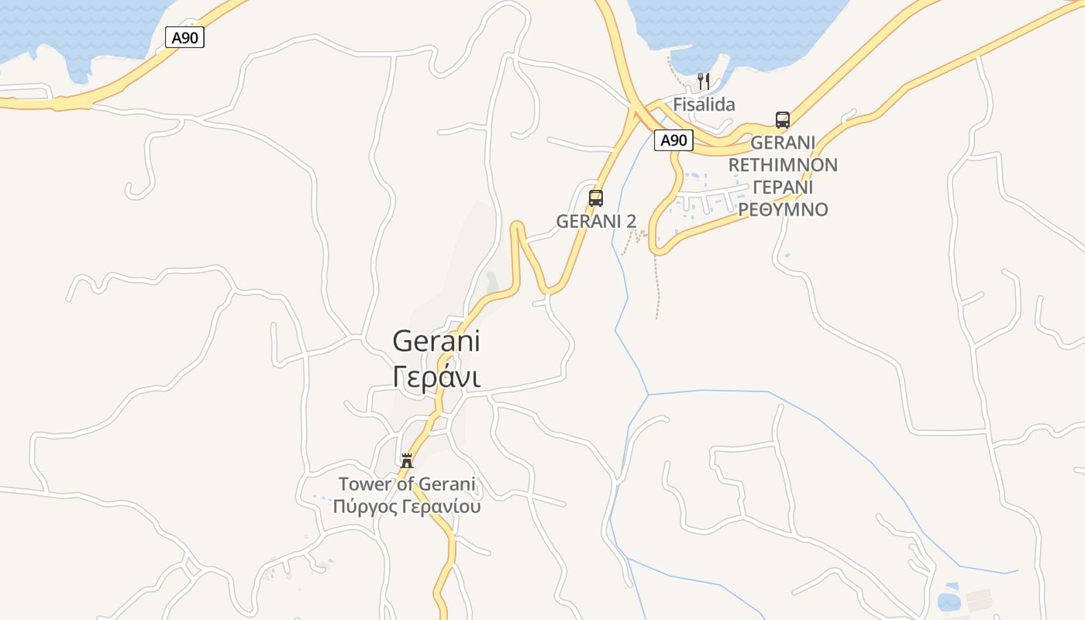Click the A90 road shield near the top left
[184, 37]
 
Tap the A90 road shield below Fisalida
[673, 140]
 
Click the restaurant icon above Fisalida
[704, 81]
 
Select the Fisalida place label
[704, 105]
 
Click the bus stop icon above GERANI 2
[595, 198]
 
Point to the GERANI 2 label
[596, 221]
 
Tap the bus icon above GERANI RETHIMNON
[783, 120]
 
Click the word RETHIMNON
[783, 165]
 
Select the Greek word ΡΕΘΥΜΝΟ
[783, 210]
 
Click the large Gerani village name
[436, 341]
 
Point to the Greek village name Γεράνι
[436, 377]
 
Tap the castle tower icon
[407, 461]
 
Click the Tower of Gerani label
[407, 484]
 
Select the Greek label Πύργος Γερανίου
[407, 507]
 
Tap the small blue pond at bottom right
[948, 601]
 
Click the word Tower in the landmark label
[364, 484]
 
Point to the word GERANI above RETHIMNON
[783, 143]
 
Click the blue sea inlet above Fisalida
[736, 31]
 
